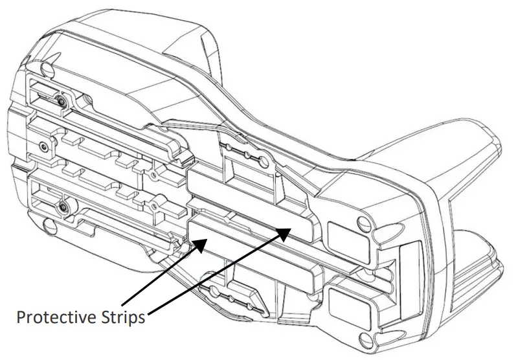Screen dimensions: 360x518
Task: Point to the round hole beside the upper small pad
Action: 367,223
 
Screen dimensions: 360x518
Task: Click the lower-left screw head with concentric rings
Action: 63,208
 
